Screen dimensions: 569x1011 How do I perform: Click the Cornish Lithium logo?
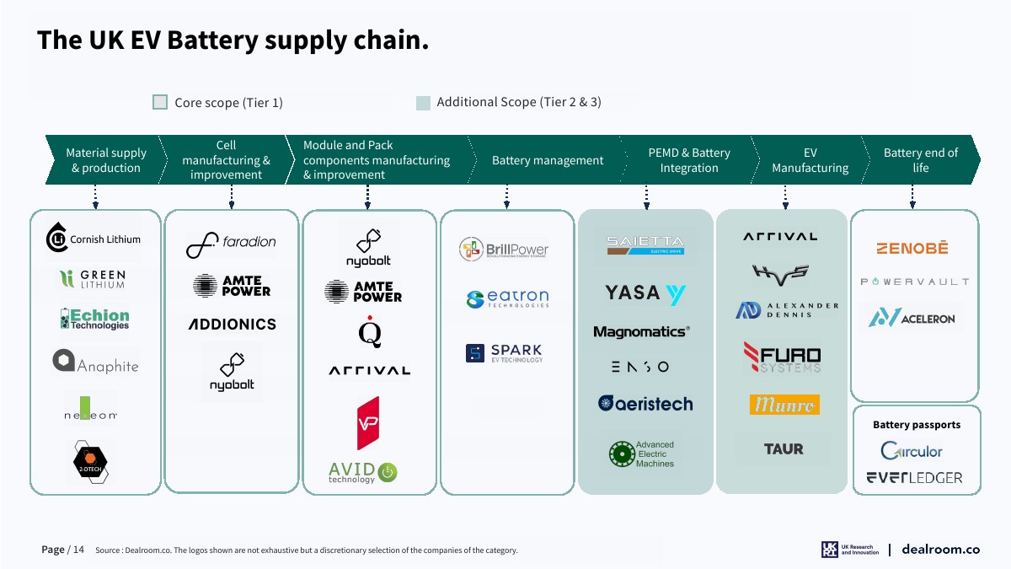(x=93, y=239)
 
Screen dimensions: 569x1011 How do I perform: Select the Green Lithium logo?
(x=93, y=279)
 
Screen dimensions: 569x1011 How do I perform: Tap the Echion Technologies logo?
(x=94, y=319)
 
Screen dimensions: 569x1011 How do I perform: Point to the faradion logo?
(x=231, y=242)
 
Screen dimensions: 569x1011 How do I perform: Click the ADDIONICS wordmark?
(x=232, y=324)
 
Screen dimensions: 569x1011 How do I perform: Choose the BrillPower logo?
(x=504, y=250)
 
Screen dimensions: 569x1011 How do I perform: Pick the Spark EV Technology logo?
(x=504, y=353)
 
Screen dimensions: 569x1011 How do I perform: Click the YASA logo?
(x=645, y=293)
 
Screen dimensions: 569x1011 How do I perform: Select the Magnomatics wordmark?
(x=641, y=332)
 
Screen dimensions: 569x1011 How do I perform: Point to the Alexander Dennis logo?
(x=787, y=310)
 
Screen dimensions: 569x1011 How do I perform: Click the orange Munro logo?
(x=784, y=405)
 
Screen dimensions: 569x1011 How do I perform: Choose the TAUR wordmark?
(x=784, y=449)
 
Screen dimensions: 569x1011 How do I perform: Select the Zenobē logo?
(x=912, y=249)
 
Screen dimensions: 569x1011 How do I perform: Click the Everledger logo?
(x=914, y=478)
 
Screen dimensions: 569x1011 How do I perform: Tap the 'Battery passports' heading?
(x=916, y=425)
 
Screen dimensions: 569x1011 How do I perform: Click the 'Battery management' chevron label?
(x=548, y=160)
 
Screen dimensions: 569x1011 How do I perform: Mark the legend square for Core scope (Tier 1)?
(x=160, y=102)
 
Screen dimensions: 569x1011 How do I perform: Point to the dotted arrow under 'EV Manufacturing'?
(x=785, y=197)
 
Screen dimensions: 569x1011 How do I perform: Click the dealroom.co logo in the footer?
(x=940, y=550)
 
